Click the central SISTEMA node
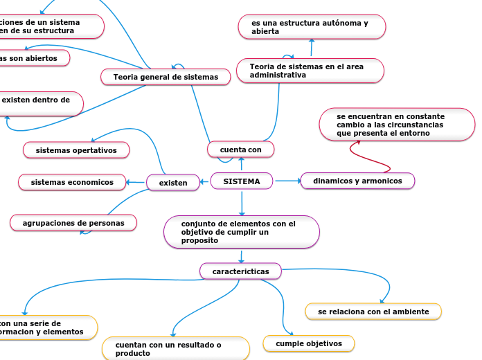tap(241, 181)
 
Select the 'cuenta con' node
tap(240, 150)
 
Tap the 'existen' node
tap(173, 183)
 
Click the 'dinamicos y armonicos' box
tap(357, 181)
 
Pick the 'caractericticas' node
tap(240, 271)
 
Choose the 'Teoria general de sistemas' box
tap(166, 77)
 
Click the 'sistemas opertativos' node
tap(76, 150)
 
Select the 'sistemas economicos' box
tap(72, 182)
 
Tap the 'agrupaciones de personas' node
tap(73, 223)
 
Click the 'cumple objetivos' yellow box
tap(309, 343)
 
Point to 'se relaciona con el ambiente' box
tap(373, 312)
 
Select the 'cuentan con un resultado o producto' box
tap(175, 348)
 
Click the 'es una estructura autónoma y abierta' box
tap(311, 27)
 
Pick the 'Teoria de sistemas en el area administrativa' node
tap(310, 71)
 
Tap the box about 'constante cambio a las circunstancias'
tap(397, 125)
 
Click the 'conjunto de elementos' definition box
tap(241, 232)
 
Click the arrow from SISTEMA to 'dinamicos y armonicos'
tap(287, 181)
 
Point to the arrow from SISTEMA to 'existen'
tap(204, 182)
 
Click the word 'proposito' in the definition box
tap(200, 240)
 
